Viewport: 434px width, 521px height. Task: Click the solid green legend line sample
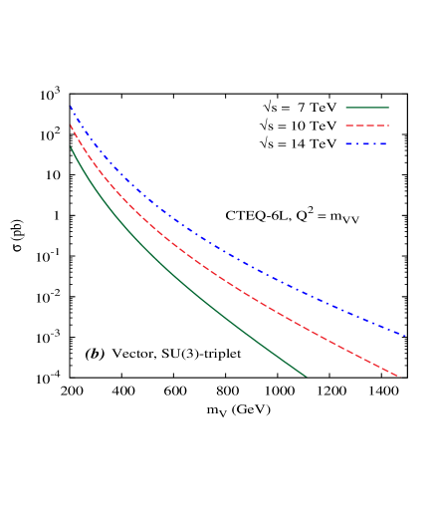tap(366, 108)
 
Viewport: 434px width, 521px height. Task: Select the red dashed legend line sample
tap(366, 126)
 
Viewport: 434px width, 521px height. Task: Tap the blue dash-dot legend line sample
tap(366, 144)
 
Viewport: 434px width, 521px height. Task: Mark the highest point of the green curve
tap(71, 146)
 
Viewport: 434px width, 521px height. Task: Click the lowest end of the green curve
tap(306, 377)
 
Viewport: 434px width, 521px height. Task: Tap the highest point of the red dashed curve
tap(71, 125)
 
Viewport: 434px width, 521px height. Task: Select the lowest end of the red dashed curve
tap(399, 377)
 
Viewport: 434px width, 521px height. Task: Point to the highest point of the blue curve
tap(71, 106)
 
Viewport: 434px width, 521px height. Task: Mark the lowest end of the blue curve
tap(405, 336)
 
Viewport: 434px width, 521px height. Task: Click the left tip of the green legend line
tap(346, 108)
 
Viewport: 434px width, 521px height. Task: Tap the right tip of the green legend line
tap(388, 108)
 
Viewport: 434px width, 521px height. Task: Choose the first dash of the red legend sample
tap(349, 126)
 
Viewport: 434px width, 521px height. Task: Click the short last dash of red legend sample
tap(387, 126)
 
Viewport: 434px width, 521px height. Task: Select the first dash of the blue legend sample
tap(349, 144)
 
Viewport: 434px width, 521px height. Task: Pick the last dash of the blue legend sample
tap(382, 144)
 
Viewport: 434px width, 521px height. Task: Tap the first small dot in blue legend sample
tap(356, 144)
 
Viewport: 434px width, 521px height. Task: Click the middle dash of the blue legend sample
tap(366, 144)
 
